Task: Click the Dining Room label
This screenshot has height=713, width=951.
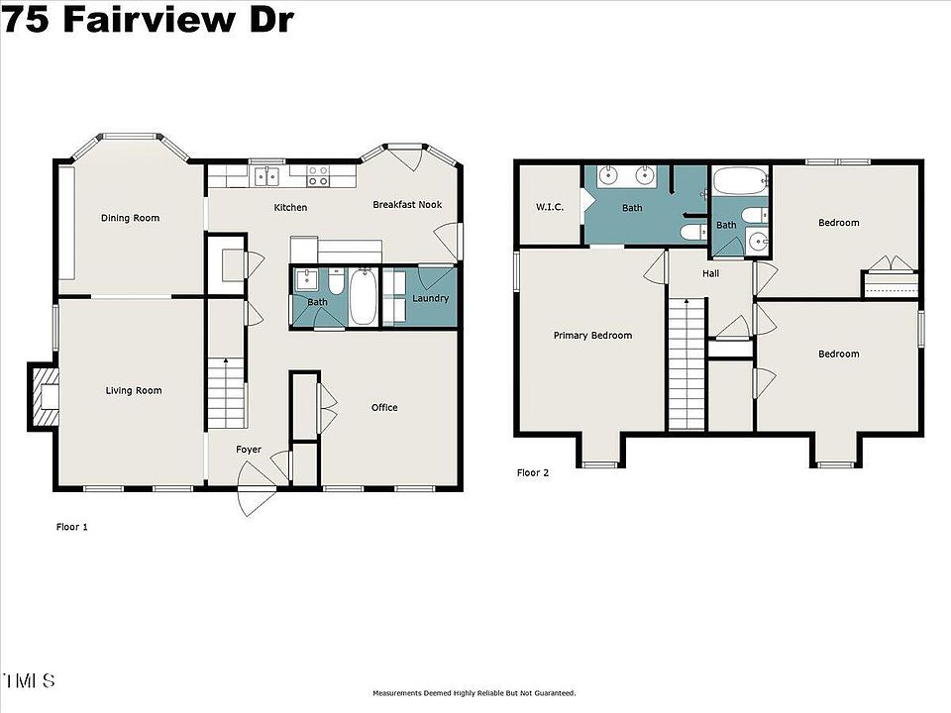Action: [130, 218]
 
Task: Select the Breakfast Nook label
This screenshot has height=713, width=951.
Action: [407, 204]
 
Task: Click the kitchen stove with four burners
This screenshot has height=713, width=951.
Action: [318, 176]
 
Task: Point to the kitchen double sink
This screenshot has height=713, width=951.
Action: [266, 176]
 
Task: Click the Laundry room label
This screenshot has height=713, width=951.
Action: [430, 298]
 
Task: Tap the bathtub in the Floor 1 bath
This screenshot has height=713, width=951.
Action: [364, 297]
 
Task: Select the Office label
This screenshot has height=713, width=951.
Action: [384, 407]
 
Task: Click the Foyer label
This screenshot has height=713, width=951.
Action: [249, 450]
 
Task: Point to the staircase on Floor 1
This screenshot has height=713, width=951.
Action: [226, 393]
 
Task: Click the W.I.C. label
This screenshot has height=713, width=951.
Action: [550, 207]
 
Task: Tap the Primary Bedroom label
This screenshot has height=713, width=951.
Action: [592, 336]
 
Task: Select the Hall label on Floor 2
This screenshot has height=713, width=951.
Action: [711, 273]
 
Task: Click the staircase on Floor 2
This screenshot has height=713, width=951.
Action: [687, 363]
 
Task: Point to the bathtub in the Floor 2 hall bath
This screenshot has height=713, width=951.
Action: [739, 181]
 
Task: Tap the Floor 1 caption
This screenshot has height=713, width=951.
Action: [72, 527]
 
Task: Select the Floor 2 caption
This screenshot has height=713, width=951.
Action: [533, 473]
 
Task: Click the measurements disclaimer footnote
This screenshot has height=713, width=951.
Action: [475, 693]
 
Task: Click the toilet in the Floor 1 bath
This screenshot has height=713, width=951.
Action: [336, 281]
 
